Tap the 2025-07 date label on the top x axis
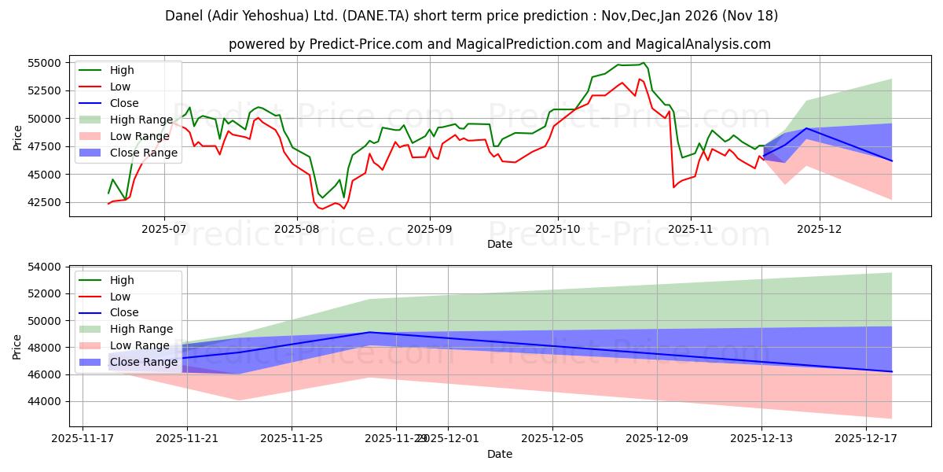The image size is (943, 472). coord(163,230)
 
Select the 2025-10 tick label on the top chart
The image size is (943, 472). coord(558,230)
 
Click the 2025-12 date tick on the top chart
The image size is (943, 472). coord(820,230)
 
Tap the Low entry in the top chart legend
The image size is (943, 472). coord(120,87)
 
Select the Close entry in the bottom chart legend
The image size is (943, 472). coord(124,312)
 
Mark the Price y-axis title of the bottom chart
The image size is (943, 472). coord(17,346)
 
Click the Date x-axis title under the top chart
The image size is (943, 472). coord(499,244)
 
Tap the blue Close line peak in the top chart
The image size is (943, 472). coord(806,128)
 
